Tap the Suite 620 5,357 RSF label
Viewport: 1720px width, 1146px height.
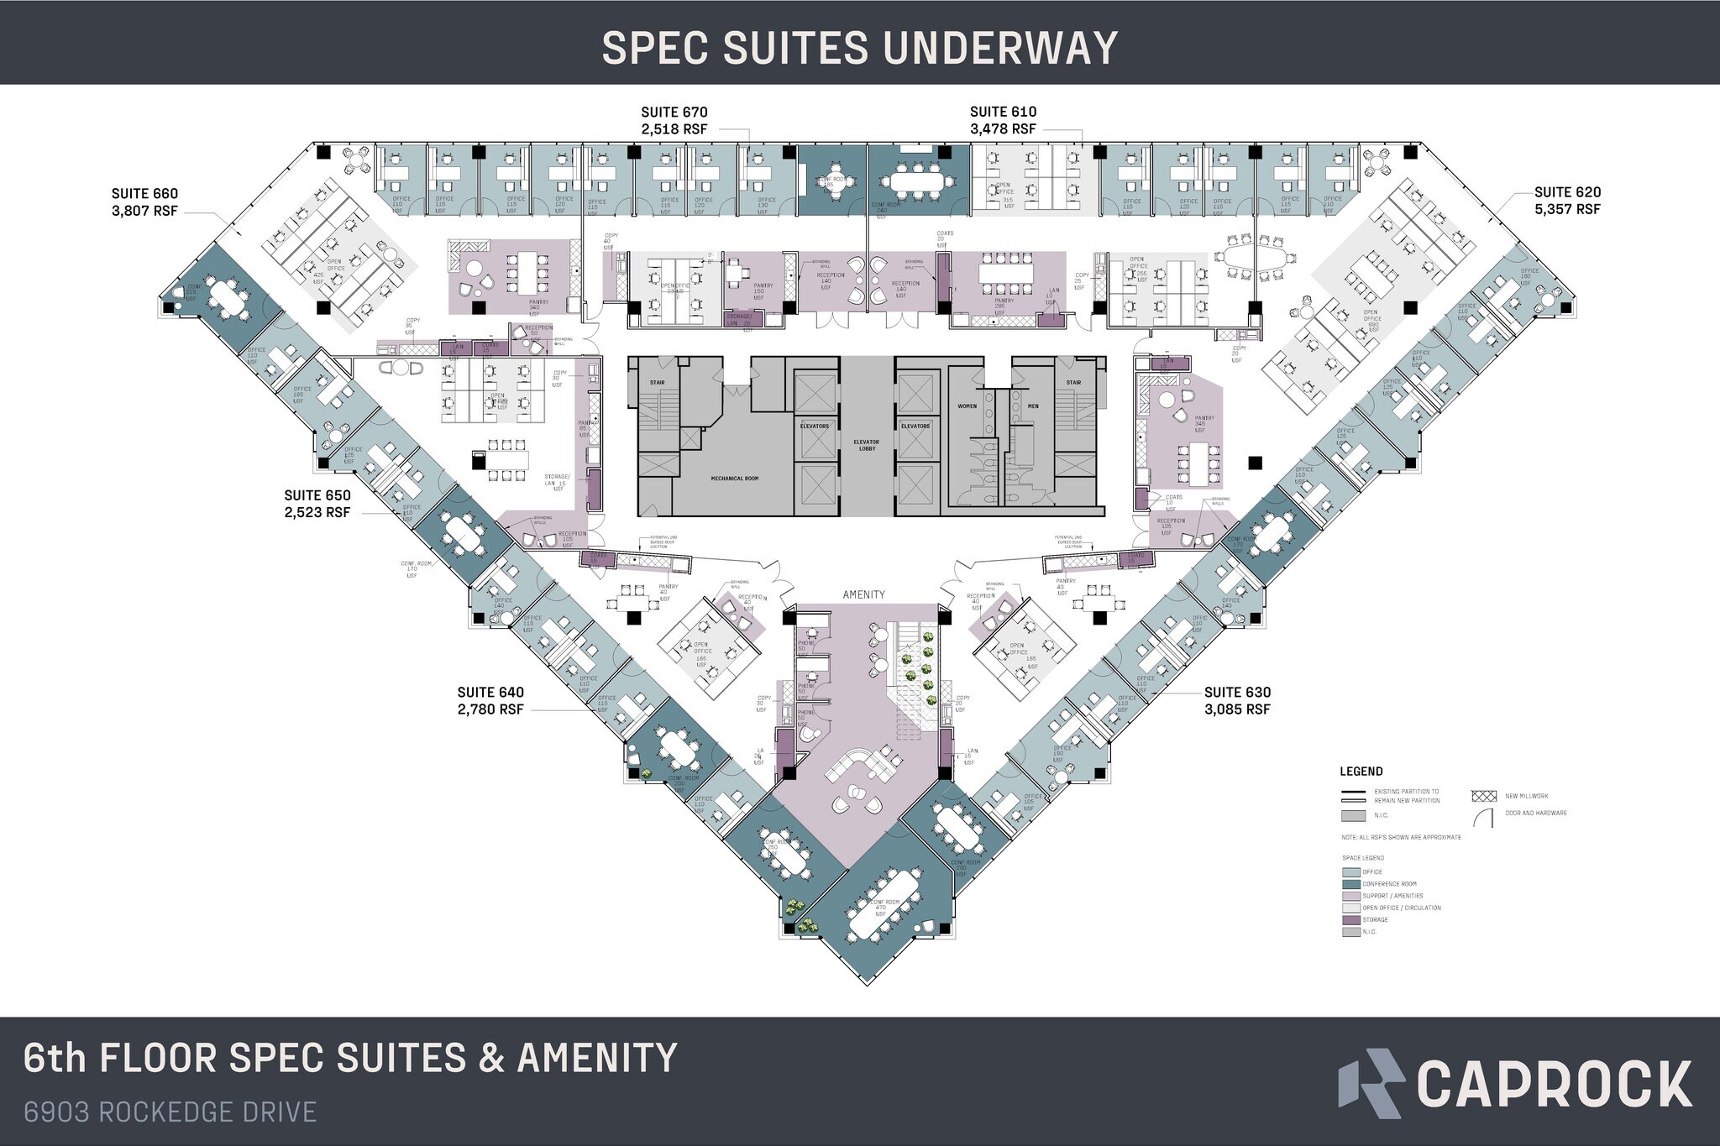[x=1567, y=201]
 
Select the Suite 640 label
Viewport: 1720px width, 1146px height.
[x=490, y=701]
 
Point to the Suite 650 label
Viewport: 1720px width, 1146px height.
[x=317, y=504]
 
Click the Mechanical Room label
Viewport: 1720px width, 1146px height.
[x=734, y=478]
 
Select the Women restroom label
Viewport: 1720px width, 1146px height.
[x=967, y=406]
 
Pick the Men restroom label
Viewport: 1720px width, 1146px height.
[x=1033, y=406]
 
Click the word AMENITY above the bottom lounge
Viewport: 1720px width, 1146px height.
[x=864, y=594]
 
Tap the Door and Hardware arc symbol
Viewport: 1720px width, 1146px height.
[x=1485, y=818]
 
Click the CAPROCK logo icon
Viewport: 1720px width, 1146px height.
[x=1370, y=1083]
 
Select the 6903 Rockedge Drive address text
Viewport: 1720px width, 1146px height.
[x=170, y=1112]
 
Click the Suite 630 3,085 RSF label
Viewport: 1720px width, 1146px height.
[x=1237, y=701]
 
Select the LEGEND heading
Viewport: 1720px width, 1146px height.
[x=1361, y=772]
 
